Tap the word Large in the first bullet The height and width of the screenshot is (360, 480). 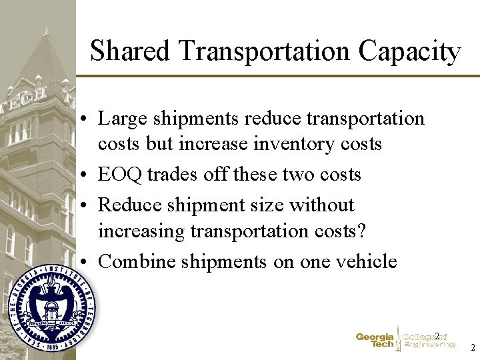pyautogui.click(x=119, y=119)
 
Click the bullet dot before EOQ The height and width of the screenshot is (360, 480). pyautogui.click(x=87, y=175)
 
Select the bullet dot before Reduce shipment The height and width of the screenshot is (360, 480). pyautogui.click(x=87, y=206)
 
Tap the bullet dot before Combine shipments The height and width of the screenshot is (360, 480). pyautogui.click(x=87, y=262)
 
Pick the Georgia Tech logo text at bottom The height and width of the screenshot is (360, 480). pyautogui.click(x=375, y=341)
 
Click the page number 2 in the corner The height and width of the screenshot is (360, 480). pyautogui.click(x=472, y=348)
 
